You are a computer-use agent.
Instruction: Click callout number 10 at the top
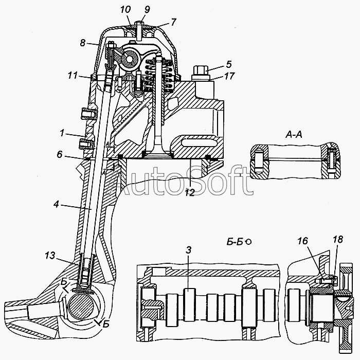point(126,10)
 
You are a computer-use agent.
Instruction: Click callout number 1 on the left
point(61,134)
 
